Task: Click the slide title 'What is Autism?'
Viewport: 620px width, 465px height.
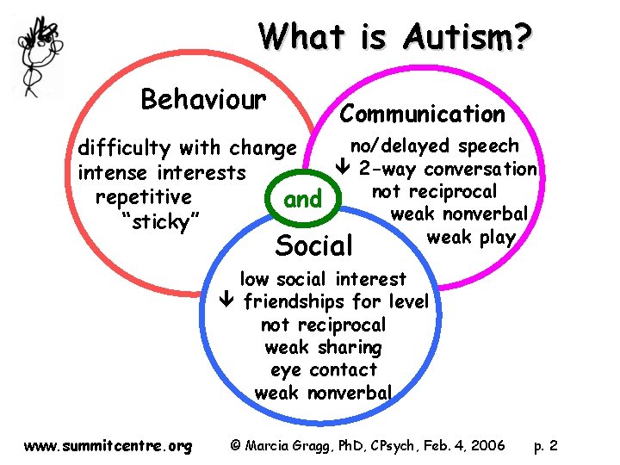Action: click(397, 37)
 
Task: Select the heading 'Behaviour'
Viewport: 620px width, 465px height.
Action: click(203, 99)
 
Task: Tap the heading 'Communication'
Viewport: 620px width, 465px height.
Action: click(423, 114)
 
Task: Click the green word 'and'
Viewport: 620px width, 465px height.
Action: click(302, 200)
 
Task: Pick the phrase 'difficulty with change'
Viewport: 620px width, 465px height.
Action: click(187, 147)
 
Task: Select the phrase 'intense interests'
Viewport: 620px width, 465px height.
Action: click(162, 172)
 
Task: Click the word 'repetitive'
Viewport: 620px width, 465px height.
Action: click(144, 196)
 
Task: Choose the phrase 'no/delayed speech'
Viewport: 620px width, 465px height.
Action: click(435, 146)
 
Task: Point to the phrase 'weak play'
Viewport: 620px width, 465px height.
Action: click(471, 237)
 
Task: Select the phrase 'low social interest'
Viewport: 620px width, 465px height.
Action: click(323, 279)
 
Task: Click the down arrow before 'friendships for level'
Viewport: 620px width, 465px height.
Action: click(226, 302)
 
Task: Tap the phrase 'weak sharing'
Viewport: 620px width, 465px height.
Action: click(323, 348)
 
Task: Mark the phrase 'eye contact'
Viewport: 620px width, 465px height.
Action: click(323, 370)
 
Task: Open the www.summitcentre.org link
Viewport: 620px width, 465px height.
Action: click(108, 446)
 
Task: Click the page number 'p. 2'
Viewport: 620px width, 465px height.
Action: click(545, 446)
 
